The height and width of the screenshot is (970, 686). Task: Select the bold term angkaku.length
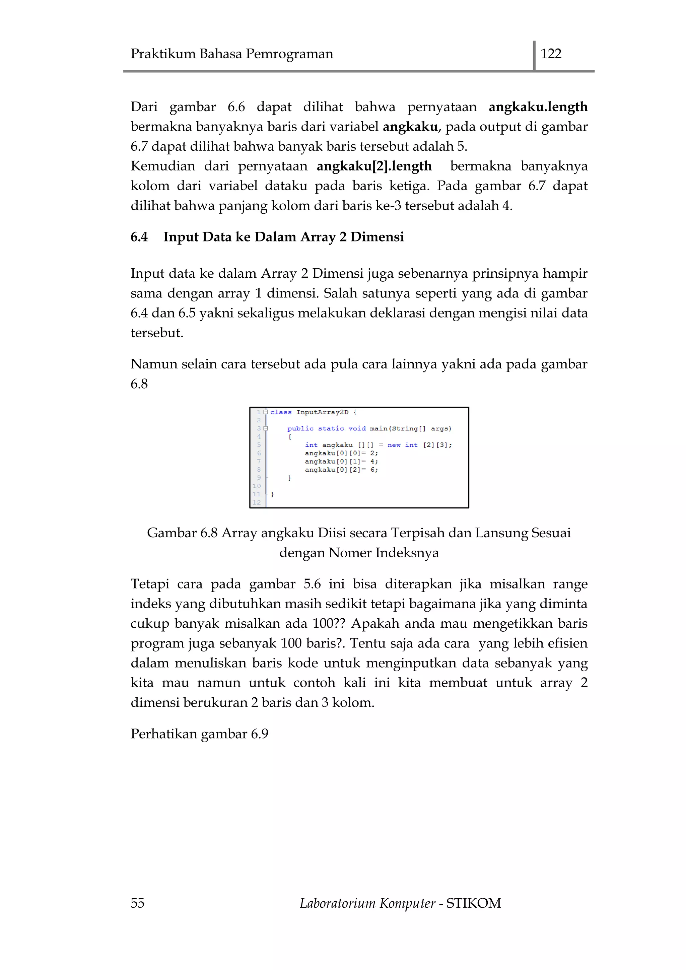(x=538, y=107)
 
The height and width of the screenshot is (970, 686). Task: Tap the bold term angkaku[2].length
(x=374, y=166)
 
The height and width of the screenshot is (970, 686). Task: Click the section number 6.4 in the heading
(x=139, y=237)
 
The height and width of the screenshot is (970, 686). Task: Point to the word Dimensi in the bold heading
(x=377, y=237)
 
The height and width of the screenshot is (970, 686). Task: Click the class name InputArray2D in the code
(x=322, y=412)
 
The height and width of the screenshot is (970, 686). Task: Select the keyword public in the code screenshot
(x=300, y=428)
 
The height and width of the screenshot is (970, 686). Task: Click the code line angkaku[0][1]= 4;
(x=341, y=461)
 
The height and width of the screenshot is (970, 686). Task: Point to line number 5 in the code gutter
(x=259, y=445)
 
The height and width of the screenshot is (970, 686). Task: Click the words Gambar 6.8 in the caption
(x=182, y=533)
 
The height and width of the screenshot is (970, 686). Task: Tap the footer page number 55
(x=137, y=903)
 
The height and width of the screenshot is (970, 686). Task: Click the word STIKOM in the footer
(x=474, y=903)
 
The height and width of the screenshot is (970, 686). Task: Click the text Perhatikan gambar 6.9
(x=199, y=734)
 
